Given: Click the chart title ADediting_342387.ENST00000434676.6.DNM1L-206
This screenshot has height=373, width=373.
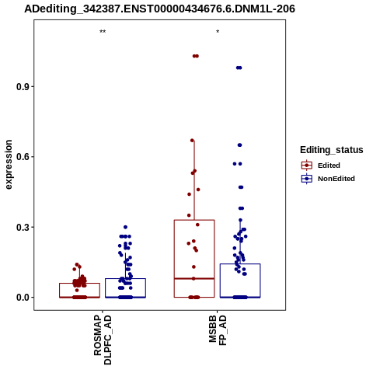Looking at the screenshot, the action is (x=159, y=9).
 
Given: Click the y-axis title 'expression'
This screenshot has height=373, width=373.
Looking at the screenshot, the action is (x=9, y=165).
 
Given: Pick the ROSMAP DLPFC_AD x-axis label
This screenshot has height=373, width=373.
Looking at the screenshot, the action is (x=103, y=340).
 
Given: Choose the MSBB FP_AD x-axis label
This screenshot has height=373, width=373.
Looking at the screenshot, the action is (x=218, y=330).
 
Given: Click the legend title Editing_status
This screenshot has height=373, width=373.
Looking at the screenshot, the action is (x=332, y=150).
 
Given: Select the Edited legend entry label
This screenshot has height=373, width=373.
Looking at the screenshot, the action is (x=329, y=166).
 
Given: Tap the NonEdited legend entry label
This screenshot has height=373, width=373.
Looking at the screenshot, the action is (x=336, y=179).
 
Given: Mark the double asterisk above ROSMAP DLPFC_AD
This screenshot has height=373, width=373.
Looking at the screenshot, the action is (x=103, y=32).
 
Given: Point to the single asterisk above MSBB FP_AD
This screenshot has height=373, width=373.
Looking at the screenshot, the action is (x=218, y=32).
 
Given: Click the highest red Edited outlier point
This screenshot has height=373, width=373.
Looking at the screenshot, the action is (x=196, y=56).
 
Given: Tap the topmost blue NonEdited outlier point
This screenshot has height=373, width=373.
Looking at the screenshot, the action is (x=239, y=68).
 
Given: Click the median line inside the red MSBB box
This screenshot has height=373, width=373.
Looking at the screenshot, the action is (x=194, y=279).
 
